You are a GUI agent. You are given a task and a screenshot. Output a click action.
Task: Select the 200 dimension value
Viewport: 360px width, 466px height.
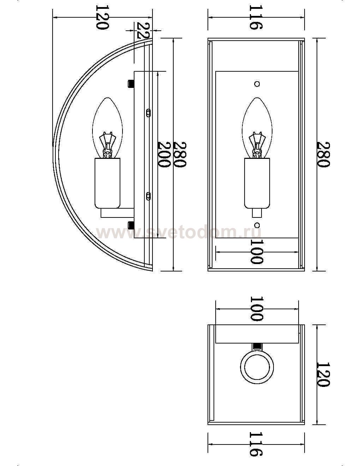(x=164, y=154)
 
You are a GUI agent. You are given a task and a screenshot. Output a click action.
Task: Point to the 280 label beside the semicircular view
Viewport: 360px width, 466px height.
(x=179, y=154)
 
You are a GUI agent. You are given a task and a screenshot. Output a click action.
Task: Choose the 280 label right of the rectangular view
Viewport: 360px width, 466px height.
(x=323, y=154)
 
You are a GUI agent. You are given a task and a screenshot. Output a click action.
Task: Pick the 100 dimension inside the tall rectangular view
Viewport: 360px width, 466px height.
(x=257, y=252)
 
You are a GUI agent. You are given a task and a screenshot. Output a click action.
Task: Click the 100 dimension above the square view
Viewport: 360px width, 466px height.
(x=257, y=309)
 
